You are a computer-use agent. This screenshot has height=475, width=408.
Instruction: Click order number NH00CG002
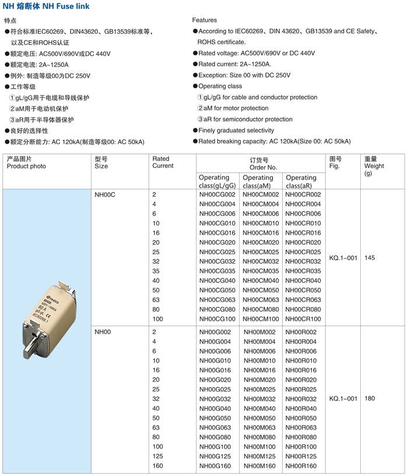217,195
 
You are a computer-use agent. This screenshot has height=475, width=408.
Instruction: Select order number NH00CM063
261,300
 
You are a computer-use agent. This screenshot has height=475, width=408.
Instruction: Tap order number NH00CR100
303,319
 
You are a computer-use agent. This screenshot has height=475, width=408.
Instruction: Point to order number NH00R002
301,332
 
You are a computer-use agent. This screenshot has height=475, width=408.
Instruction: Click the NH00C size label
105,195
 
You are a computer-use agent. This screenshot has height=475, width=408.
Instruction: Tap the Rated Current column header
163,162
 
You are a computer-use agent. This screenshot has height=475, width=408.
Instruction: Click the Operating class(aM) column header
258,181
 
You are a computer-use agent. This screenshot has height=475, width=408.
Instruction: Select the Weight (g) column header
374,166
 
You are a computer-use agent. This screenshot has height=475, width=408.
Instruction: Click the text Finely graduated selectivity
236,131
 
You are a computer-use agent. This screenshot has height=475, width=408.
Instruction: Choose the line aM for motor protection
233,108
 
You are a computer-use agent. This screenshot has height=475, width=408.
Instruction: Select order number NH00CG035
217,271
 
